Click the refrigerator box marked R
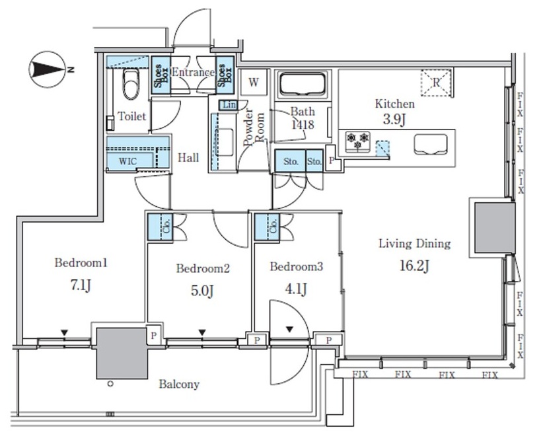pos(436,83)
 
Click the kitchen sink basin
pos(430,144)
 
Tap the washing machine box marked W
pos(254,82)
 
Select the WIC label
pos(127,161)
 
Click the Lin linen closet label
pos(229,104)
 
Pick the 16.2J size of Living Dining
pos(414,266)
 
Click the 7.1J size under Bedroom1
pos(81,285)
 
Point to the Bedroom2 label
pos(203,268)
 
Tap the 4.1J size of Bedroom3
pos(295,289)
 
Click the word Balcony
pos(179,384)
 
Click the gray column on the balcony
pos(122,353)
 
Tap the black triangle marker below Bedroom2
pos(202,333)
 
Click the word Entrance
pos(194,72)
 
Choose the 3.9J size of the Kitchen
pos(394,119)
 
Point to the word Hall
pos(188,158)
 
